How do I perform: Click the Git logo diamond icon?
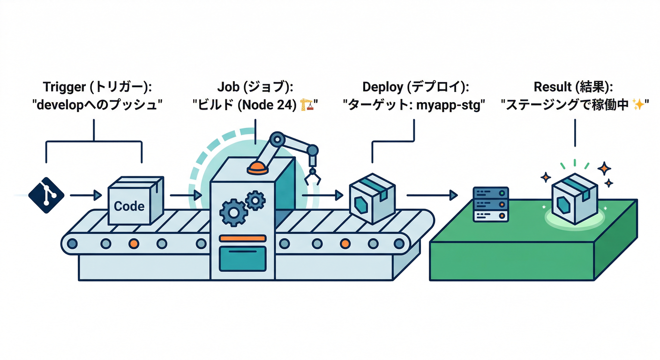click(x=46, y=195)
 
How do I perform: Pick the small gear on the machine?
click(x=255, y=200)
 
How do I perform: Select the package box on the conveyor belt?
click(x=373, y=201)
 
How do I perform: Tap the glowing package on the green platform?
click(x=574, y=199)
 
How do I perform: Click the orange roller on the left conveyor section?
click(x=134, y=244)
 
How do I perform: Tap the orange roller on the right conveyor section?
click(x=345, y=244)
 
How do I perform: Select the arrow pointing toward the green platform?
click(x=431, y=195)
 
